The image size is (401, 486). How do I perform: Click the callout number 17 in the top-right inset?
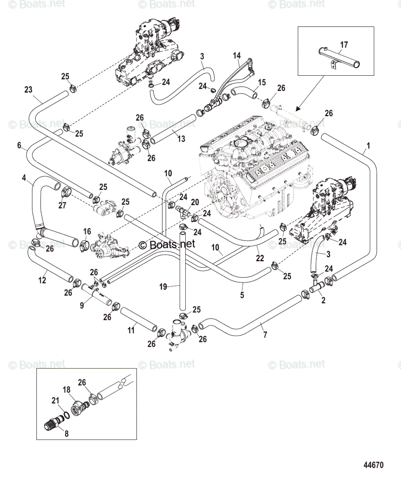click(343, 45)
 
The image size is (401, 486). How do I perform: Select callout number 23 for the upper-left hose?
click(28, 90)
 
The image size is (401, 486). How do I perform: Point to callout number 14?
click(236, 55)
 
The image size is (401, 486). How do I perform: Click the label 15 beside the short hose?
click(262, 83)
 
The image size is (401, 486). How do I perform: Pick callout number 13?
click(181, 139)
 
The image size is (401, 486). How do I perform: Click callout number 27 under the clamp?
click(62, 205)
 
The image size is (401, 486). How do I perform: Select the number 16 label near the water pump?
click(87, 231)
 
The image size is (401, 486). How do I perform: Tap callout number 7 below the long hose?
click(265, 335)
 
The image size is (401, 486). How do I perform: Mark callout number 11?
click(131, 330)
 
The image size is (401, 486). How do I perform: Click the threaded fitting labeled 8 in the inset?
click(52, 425)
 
